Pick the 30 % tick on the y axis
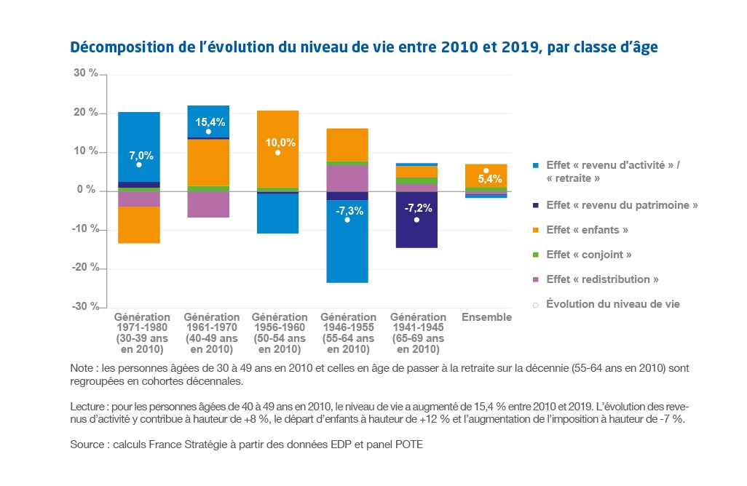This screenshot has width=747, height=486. [x=86, y=73]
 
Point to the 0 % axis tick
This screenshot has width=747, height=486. [x=89, y=190]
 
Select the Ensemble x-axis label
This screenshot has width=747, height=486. [x=486, y=317]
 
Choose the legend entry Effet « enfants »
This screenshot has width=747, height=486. [x=587, y=230]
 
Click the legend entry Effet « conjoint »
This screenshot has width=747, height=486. [x=588, y=255]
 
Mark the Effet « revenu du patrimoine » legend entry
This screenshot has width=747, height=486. [x=622, y=205]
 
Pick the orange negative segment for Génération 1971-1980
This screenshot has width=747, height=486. [x=138, y=224]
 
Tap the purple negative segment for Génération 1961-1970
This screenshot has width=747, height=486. [x=208, y=204]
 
